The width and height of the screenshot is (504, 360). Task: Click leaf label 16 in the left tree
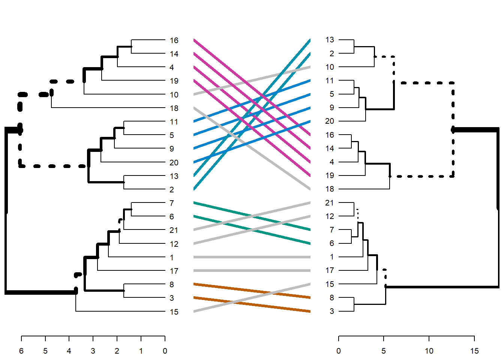(x=174, y=40)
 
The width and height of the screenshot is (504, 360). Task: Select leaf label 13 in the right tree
(x=330, y=40)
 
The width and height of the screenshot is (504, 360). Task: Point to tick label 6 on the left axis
(x=21, y=351)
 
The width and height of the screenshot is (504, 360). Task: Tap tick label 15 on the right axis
(x=474, y=351)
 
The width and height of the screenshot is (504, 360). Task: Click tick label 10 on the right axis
(x=429, y=351)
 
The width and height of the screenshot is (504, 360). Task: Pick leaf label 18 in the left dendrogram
(x=174, y=108)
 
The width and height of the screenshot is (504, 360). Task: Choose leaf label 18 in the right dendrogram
(x=330, y=189)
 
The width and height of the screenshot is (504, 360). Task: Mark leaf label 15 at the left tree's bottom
(x=174, y=312)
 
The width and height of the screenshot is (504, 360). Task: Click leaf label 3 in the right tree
(x=332, y=311)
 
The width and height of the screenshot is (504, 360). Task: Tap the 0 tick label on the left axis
(x=165, y=351)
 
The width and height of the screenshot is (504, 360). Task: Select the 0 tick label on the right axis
(x=339, y=351)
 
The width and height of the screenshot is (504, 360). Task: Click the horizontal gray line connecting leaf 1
(x=252, y=257)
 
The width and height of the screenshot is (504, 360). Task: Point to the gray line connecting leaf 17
(x=252, y=271)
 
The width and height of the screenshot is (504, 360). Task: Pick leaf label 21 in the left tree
(x=174, y=230)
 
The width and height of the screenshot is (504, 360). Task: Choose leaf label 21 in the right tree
(x=330, y=203)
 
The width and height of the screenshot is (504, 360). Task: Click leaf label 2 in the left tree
(x=172, y=190)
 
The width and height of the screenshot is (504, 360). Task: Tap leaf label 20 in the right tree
(x=330, y=121)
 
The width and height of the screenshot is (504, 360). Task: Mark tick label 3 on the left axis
(x=93, y=351)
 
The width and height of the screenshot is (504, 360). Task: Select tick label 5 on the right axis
(x=384, y=351)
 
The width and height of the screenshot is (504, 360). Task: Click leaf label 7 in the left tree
(x=172, y=203)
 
